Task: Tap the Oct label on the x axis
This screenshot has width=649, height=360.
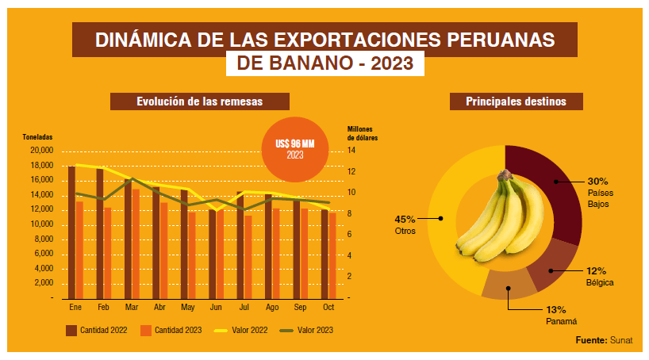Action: [328, 307]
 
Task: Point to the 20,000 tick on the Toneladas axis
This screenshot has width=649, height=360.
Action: [41, 150]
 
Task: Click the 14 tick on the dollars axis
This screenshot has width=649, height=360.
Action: [351, 150]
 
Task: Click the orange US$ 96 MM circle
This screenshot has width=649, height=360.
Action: [295, 148]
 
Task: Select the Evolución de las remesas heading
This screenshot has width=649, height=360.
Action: [199, 101]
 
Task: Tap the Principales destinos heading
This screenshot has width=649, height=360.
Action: [516, 101]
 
